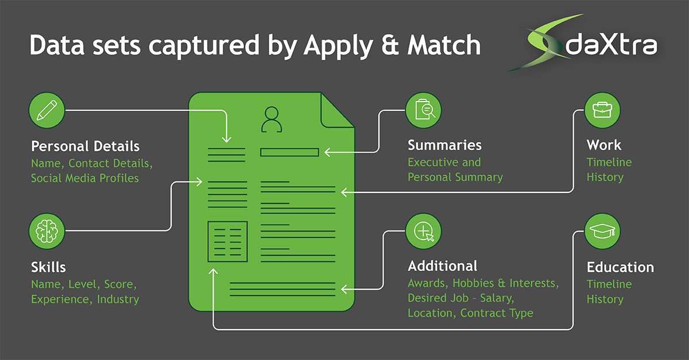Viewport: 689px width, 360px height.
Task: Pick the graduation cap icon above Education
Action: pyautogui.click(x=602, y=231)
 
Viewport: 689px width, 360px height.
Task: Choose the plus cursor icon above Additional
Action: pyautogui.click(x=424, y=231)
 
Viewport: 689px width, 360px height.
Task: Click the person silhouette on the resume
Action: pyautogui.click(x=271, y=119)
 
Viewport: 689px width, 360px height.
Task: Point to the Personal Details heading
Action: pyautogui.click(x=85, y=145)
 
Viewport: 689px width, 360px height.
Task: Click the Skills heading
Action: pyautogui.click(x=48, y=267)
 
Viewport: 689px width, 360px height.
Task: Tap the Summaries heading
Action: pyautogui.click(x=444, y=145)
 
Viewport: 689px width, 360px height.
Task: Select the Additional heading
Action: pyautogui.click(x=442, y=266)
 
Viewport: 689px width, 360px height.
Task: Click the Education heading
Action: pyautogui.click(x=620, y=267)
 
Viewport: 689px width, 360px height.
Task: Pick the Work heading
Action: pyautogui.click(x=604, y=145)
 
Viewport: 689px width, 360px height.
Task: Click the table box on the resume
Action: pyautogui.click(x=227, y=240)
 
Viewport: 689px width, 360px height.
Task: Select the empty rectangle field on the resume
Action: pyautogui.click(x=289, y=153)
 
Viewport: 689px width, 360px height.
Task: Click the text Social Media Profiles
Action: pyautogui.click(x=85, y=178)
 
